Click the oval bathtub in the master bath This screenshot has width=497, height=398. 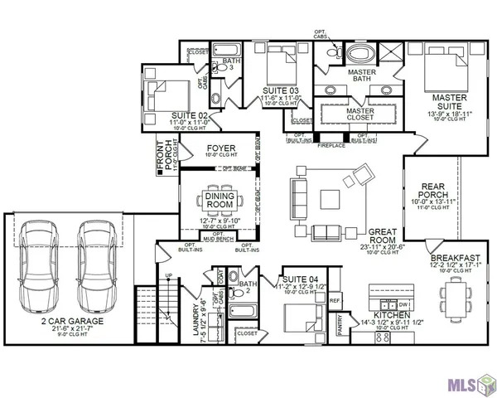tap(361, 56)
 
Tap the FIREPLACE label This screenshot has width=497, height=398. tap(331, 144)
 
